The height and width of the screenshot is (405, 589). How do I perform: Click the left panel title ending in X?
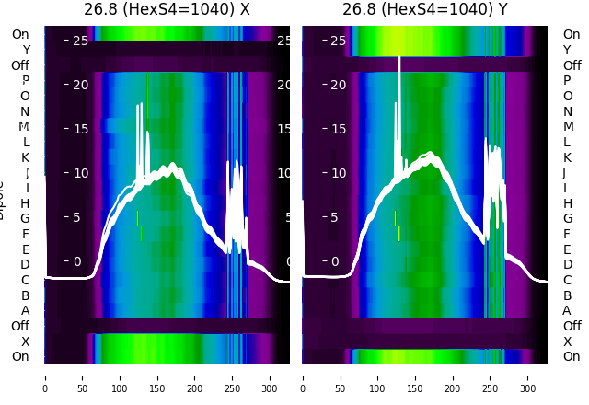pos(167,10)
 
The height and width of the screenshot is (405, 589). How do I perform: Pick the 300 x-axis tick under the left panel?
pos(271,377)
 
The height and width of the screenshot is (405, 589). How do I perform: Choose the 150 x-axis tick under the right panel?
pos(415,377)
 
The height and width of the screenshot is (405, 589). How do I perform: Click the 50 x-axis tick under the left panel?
pos(82,377)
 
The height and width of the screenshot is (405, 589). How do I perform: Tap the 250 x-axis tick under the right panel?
pos(491,377)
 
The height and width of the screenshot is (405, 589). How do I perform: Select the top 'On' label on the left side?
pos(20,34)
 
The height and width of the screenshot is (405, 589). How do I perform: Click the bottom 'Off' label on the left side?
pos(20,326)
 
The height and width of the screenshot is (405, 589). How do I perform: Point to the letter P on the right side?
pos(567,80)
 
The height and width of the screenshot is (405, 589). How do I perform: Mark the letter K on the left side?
pos(26,157)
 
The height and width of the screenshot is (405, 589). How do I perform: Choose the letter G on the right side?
pos(567,218)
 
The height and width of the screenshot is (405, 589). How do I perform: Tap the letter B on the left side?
pos(26,295)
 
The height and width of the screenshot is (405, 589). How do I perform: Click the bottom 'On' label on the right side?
pos(572,356)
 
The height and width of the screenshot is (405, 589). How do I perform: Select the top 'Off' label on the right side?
pos(572,65)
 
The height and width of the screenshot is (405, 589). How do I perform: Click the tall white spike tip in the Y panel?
pos(399,58)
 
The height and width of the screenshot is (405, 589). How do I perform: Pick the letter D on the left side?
pos(26,264)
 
